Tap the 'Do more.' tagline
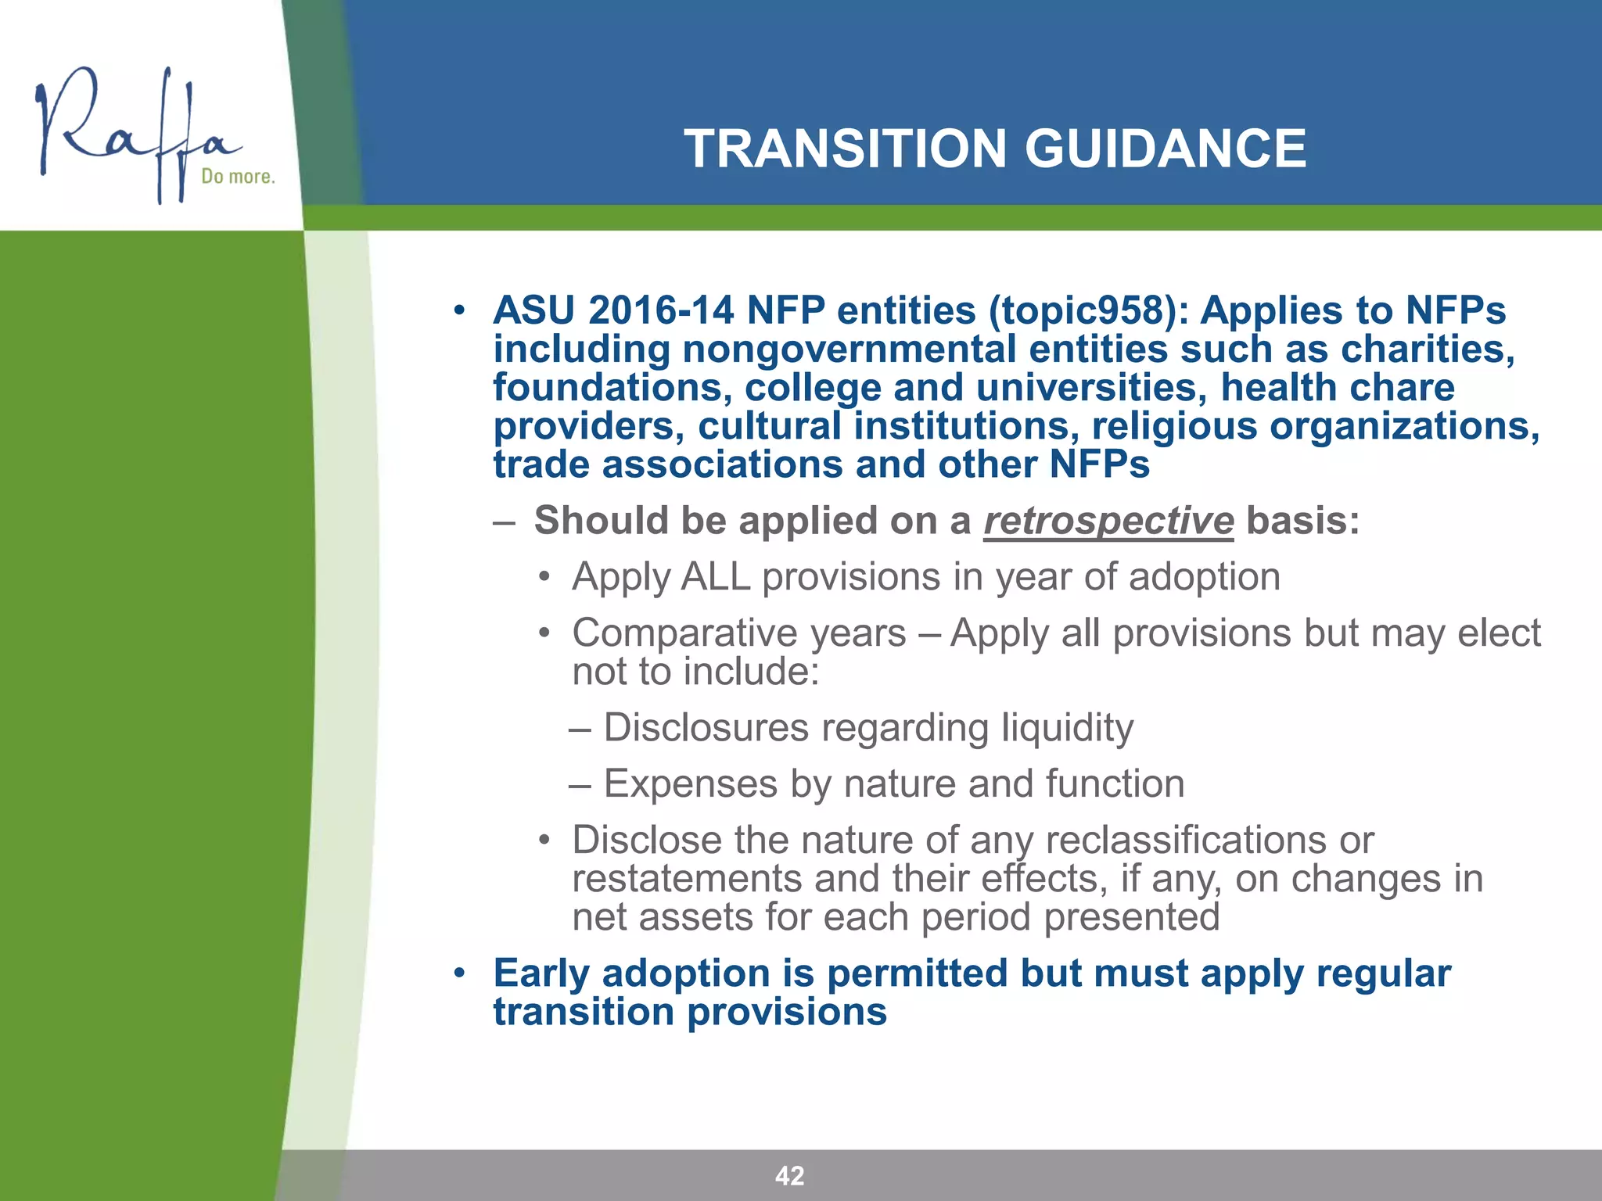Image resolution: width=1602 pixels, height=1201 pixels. coord(238,177)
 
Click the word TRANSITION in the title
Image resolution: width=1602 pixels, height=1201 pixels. coord(845,149)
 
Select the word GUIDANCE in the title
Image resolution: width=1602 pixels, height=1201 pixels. coord(1165,149)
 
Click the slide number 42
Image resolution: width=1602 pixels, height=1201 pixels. coord(789,1175)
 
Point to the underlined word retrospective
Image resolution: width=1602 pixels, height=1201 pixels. coord(1108,521)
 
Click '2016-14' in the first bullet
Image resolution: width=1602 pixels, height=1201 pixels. coord(661,310)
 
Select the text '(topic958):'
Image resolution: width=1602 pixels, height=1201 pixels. coord(1088,310)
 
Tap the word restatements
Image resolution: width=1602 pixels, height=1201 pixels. coord(687,879)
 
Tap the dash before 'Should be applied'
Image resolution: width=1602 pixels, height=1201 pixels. coord(505,522)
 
